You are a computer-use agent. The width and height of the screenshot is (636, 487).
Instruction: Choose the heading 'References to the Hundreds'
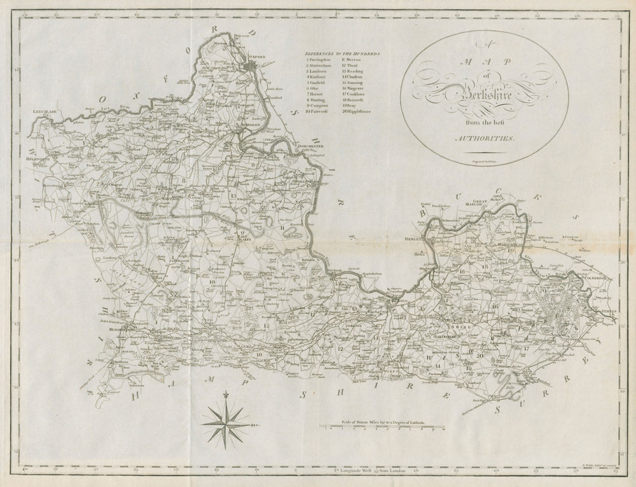click(342, 54)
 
